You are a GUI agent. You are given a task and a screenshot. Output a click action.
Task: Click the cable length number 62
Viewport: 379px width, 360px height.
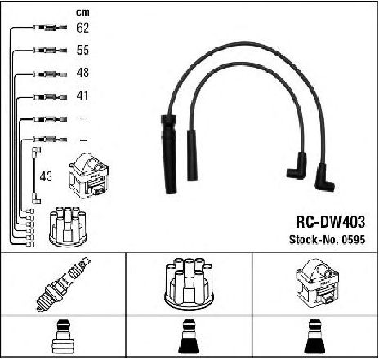point(82,28)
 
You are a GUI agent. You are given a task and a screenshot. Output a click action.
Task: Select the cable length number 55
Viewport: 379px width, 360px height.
point(82,50)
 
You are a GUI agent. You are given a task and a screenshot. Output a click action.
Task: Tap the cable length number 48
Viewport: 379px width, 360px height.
point(82,73)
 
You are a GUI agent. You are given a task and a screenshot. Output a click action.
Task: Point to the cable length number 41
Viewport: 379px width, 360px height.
point(82,96)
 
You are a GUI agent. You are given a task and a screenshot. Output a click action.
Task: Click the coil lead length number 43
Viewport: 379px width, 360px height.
point(46,176)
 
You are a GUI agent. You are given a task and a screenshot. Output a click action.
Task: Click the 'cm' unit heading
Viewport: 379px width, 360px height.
point(82,12)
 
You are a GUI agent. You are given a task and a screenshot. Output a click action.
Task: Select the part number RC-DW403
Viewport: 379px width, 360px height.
point(331,222)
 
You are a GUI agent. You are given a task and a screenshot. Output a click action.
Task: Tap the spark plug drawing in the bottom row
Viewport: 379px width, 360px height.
point(63,284)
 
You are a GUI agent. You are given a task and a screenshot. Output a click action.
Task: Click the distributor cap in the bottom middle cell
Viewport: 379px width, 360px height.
point(189,284)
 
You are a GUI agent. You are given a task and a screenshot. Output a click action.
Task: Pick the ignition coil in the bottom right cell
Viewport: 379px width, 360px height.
point(318,283)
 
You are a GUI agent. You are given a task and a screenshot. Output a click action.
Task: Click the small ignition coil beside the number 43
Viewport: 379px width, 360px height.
point(89,176)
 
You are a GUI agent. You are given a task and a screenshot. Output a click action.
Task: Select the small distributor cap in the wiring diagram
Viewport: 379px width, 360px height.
point(68,227)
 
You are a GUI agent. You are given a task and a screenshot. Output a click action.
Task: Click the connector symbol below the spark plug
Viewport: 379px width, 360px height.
point(63,336)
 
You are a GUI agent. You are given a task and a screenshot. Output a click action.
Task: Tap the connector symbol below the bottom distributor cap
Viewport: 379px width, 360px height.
point(189,336)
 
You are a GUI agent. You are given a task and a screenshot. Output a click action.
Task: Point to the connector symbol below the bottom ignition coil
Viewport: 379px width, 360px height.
point(315,336)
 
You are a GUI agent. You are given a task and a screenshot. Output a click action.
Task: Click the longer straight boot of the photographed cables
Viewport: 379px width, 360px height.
point(169,154)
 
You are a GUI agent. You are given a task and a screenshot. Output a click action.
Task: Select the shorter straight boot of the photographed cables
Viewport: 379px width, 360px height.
point(192,155)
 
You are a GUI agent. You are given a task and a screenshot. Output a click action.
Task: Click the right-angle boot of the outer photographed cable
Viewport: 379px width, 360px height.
point(323,178)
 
